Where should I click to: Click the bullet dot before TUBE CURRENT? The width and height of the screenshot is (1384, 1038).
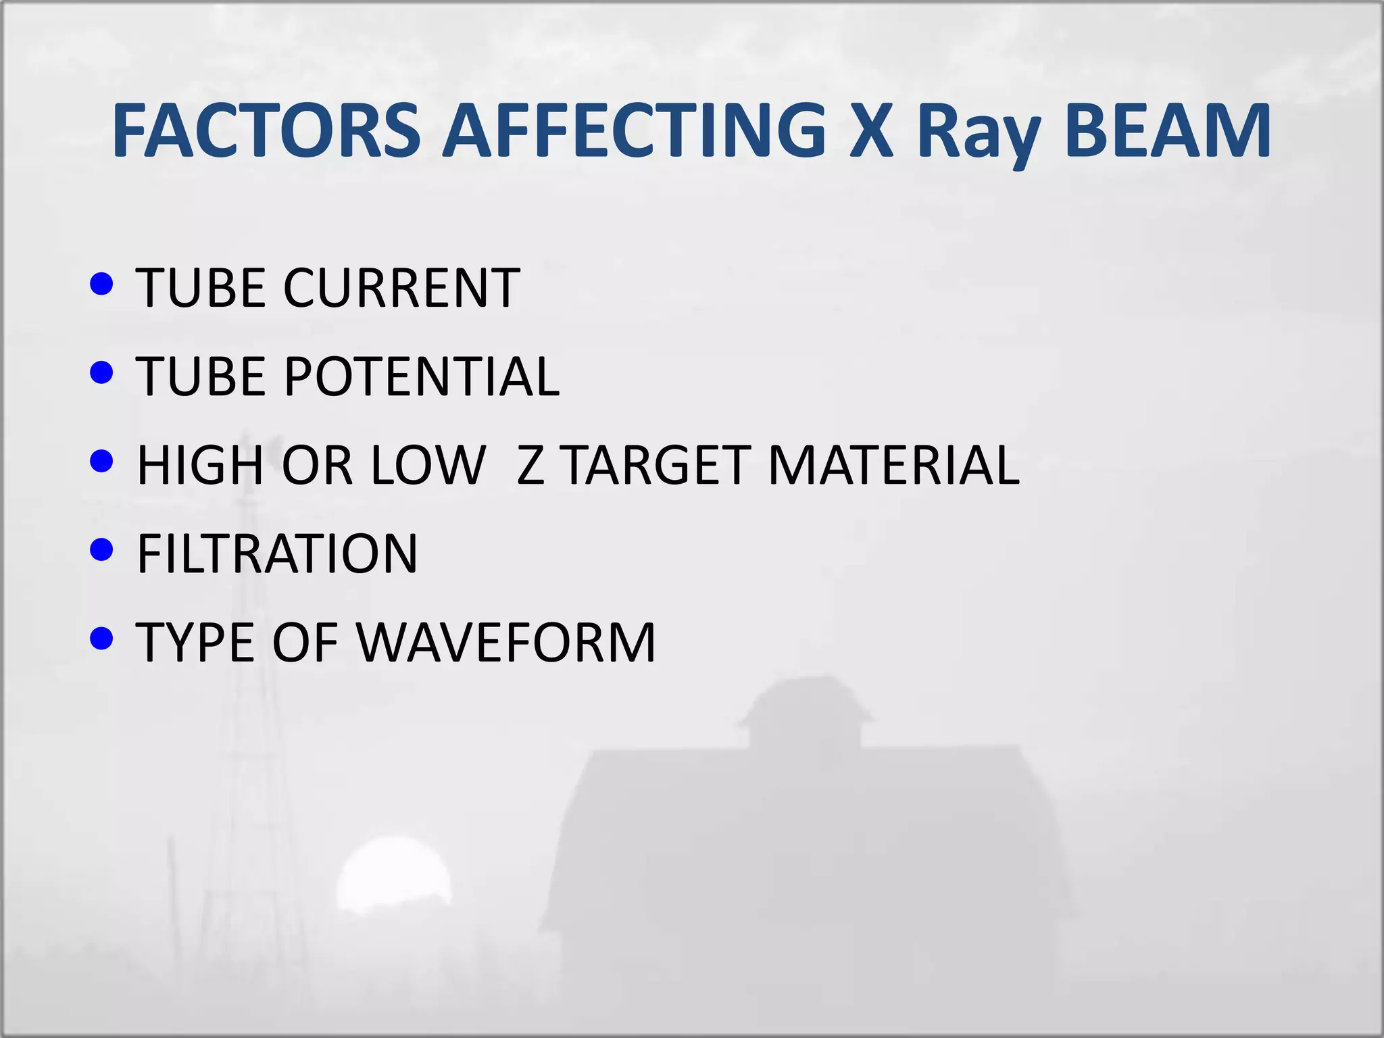(x=101, y=284)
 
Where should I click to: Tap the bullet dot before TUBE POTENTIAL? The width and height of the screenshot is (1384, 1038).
(x=101, y=372)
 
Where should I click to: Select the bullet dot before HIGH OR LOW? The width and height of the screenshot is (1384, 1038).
(x=101, y=462)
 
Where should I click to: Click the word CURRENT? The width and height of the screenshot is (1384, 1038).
(x=401, y=288)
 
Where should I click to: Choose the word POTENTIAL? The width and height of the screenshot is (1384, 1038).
(x=422, y=376)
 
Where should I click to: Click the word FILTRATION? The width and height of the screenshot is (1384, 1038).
(x=277, y=553)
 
